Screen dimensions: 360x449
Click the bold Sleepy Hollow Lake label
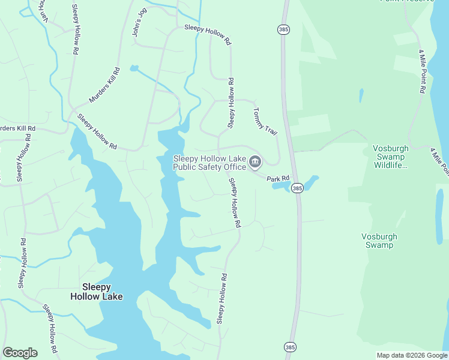(97, 291)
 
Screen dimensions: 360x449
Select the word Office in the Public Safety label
(231, 167)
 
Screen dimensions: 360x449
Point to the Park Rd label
(278, 178)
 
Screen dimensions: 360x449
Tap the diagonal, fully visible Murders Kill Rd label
(104, 86)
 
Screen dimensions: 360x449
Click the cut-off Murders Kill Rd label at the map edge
(17, 128)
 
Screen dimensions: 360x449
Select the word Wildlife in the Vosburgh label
(388, 166)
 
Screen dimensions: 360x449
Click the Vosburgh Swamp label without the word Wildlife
(379, 241)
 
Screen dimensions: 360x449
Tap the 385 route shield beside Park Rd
(297, 188)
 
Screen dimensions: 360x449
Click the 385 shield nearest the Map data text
(291, 347)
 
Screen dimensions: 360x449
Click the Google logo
(20, 353)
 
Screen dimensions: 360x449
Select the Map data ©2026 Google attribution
(412, 355)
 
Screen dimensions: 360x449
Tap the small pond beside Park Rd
(295, 183)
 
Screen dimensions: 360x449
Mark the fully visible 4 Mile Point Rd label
(422, 71)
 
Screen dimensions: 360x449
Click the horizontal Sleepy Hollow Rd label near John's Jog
(207, 34)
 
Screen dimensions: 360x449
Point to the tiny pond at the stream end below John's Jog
(133, 68)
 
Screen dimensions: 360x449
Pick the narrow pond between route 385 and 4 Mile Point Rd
(361, 95)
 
